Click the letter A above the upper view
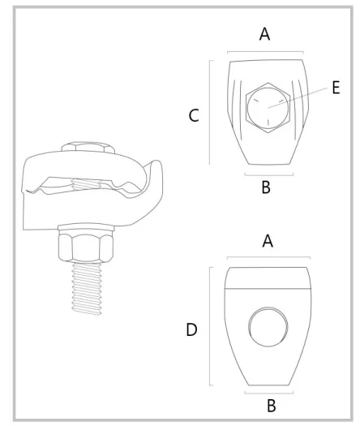264,34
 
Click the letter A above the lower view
268,241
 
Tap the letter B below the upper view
266,187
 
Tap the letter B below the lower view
272,406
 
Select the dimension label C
194,115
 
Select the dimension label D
191,329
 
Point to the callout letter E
336,88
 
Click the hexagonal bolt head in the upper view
268,108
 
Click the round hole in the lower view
268,327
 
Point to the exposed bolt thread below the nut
87,289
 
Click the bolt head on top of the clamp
88,147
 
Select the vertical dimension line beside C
210,113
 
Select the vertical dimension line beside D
211,326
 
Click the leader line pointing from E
297,98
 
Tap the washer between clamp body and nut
86,227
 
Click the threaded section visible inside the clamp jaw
84,184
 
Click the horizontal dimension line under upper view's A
265,51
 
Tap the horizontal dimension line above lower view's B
268,392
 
